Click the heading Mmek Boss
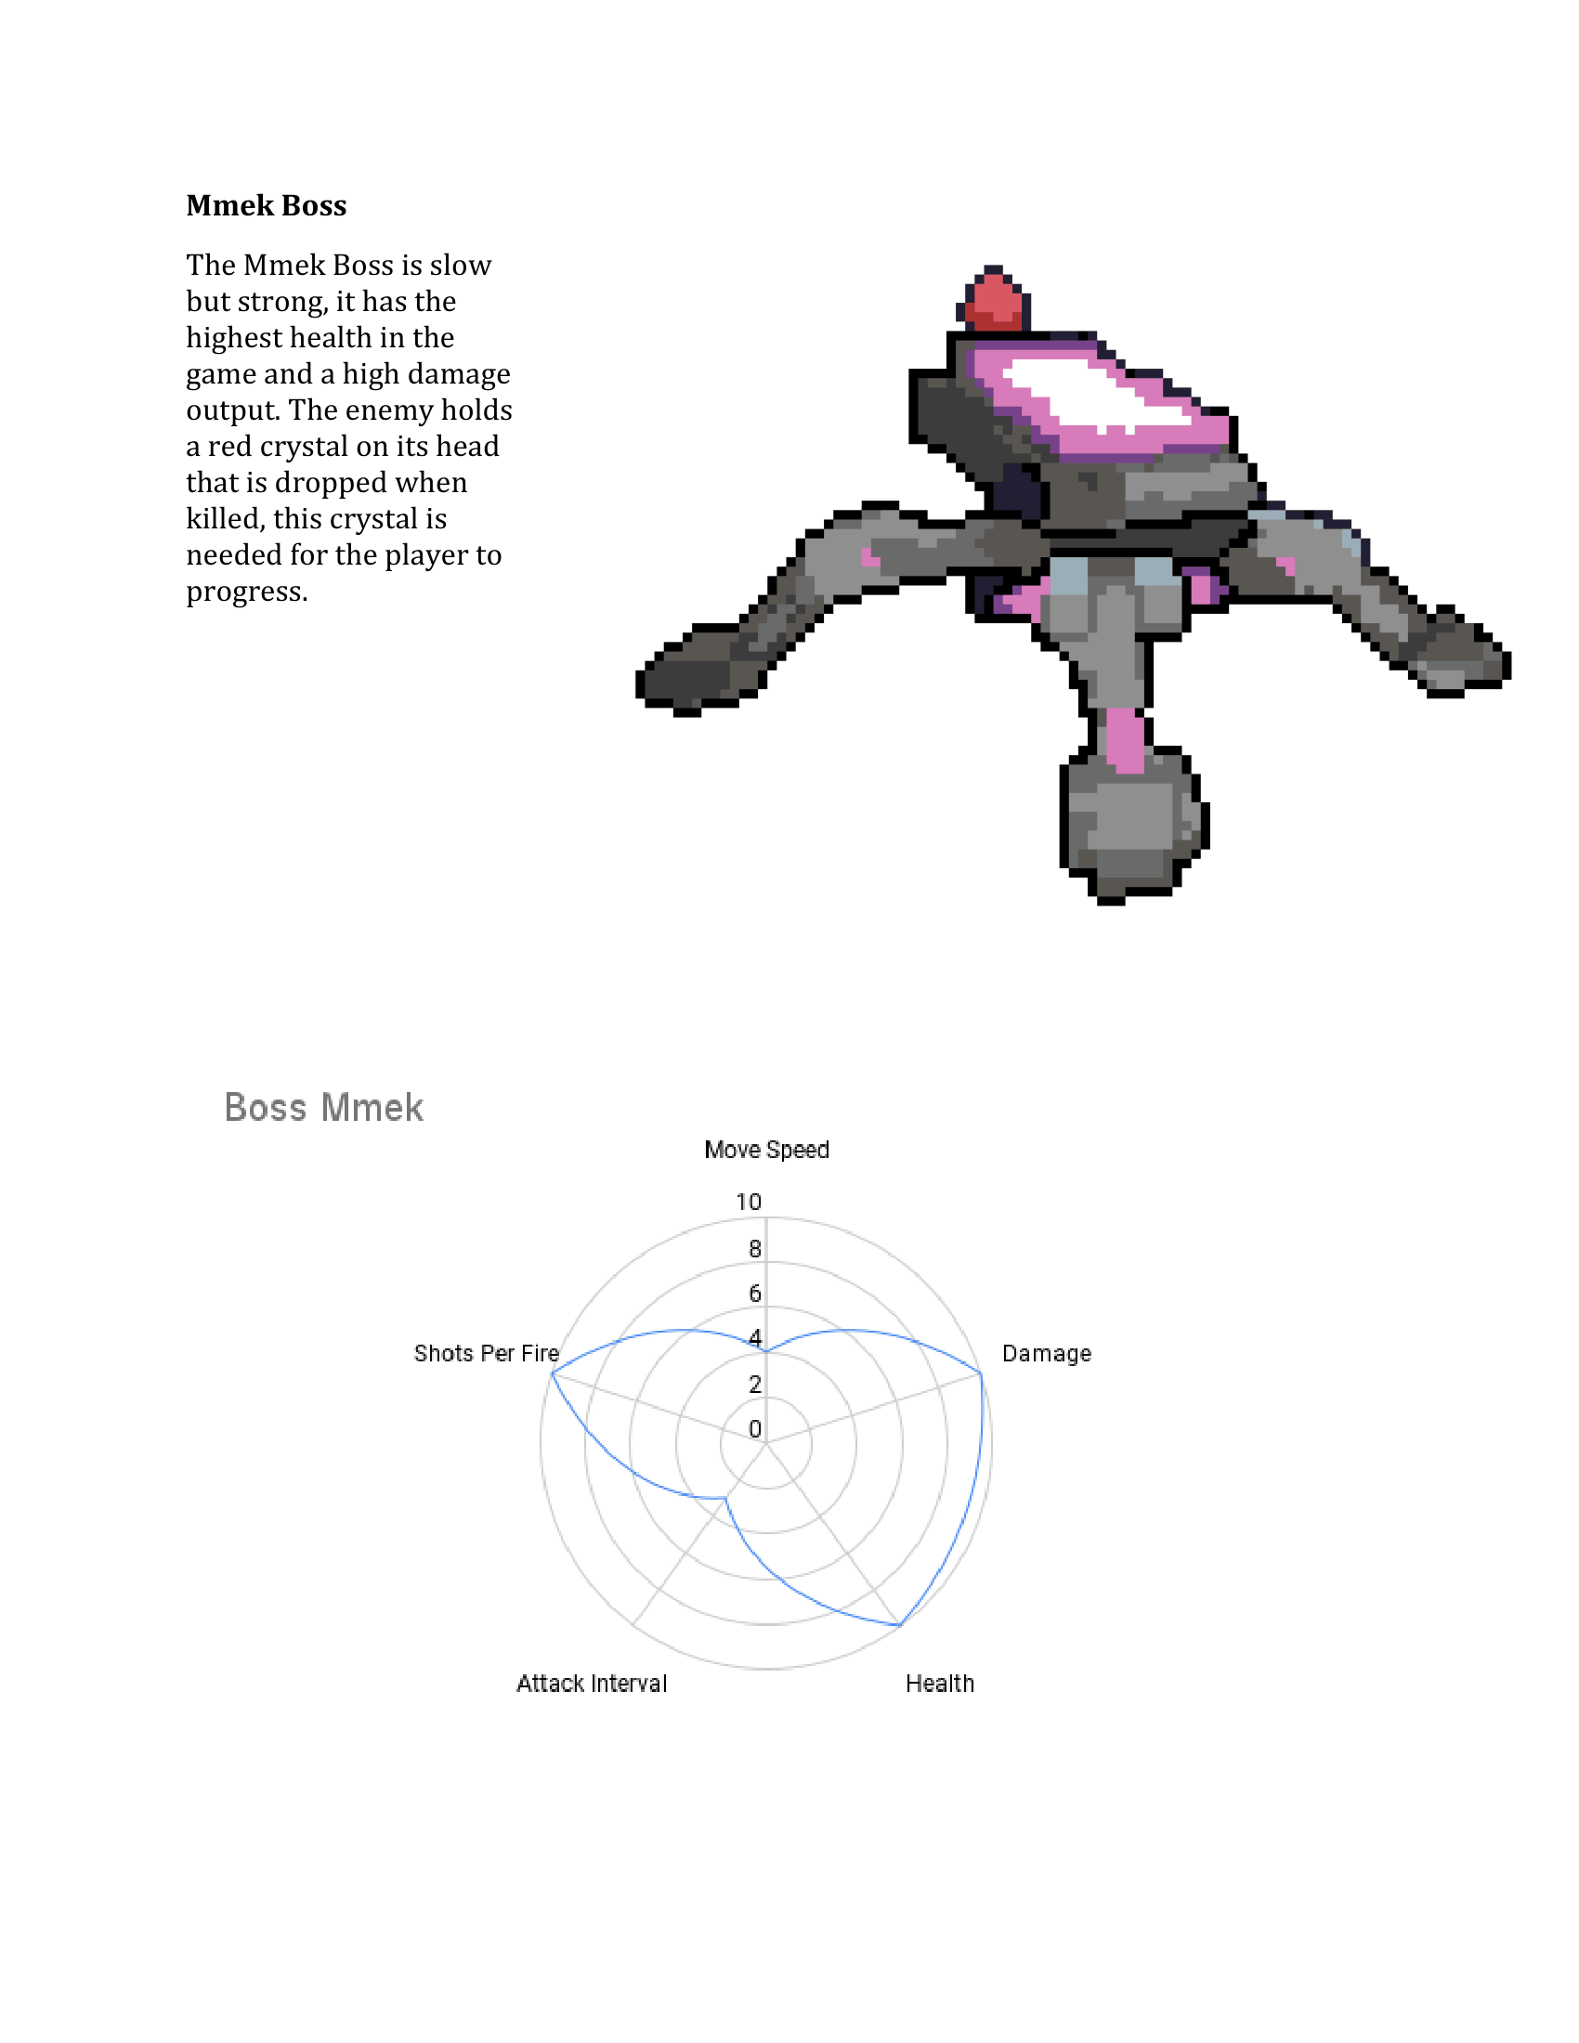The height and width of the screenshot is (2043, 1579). coord(266,206)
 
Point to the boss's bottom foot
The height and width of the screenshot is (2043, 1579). coord(1132,827)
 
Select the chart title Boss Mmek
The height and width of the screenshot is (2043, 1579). coord(323,1108)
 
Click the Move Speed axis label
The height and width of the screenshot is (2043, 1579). coord(766,1150)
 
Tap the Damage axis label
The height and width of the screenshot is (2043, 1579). coord(1046,1354)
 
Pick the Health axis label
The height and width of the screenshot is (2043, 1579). coord(939,1684)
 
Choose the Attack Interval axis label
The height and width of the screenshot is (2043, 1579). coord(591,1684)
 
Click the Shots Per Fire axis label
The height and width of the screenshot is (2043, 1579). coord(486,1354)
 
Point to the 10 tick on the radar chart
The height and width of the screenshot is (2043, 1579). coord(749,1202)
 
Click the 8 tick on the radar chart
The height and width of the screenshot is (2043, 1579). coord(755,1249)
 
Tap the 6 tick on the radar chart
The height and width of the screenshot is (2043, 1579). coord(755,1294)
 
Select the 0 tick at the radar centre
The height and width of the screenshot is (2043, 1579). coord(755,1428)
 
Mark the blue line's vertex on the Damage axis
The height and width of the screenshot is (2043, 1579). coord(981,1373)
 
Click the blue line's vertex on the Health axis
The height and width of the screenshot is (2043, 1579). coord(900,1625)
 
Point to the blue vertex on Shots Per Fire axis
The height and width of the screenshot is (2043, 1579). coord(552,1373)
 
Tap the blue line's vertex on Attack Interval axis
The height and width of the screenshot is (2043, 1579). coord(726,1498)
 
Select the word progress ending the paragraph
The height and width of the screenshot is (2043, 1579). coord(246,592)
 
